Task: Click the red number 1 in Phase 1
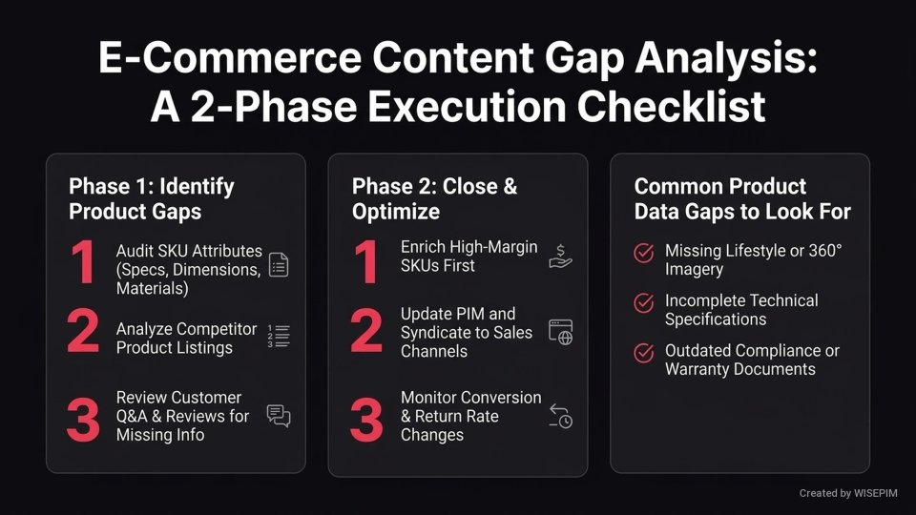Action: click(x=82, y=264)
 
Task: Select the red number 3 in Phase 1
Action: click(x=83, y=421)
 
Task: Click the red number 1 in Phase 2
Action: click(x=366, y=264)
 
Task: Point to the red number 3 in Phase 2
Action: click(x=366, y=421)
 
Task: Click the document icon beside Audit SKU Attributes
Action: click(x=278, y=264)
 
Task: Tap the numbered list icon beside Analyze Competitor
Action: click(x=278, y=335)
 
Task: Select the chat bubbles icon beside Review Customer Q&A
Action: click(x=279, y=416)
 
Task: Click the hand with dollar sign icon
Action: click(x=560, y=256)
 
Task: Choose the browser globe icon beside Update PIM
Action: click(x=560, y=332)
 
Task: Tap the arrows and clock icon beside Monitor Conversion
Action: click(x=560, y=415)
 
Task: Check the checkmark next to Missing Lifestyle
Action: click(x=644, y=253)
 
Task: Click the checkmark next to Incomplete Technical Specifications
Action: click(x=644, y=302)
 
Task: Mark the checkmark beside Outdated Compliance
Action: click(x=644, y=353)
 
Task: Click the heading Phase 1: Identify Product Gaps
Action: click(x=151, y=198)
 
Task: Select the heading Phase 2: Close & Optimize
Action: click(x=434, y=198)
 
